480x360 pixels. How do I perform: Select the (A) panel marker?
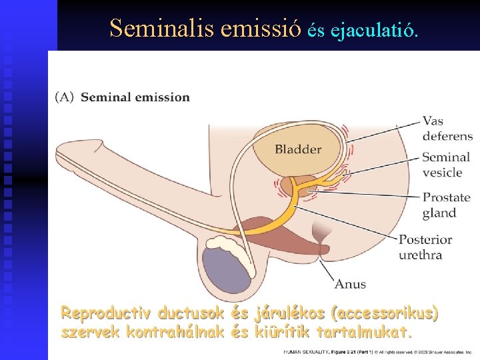[65, 97]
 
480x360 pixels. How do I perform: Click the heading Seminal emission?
[135, 97]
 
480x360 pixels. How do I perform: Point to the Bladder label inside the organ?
[298, 149]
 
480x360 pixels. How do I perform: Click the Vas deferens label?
[447, 129]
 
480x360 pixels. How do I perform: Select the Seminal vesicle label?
[446, 165]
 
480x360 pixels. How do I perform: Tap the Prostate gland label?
[447, 205]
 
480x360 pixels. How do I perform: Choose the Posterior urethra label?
[425, 247]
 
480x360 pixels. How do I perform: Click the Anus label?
[350, 284]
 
